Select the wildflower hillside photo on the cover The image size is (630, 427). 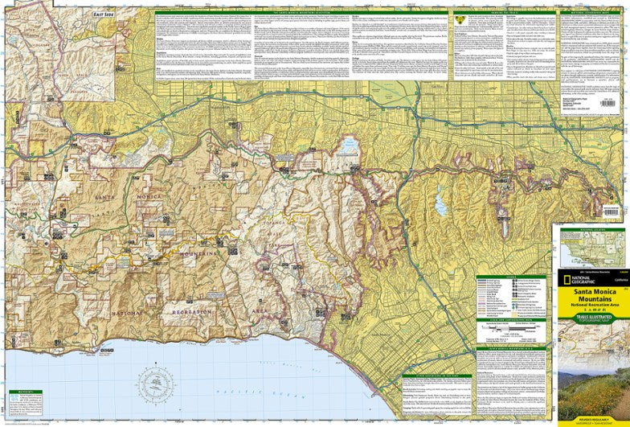[x=593, y=386]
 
